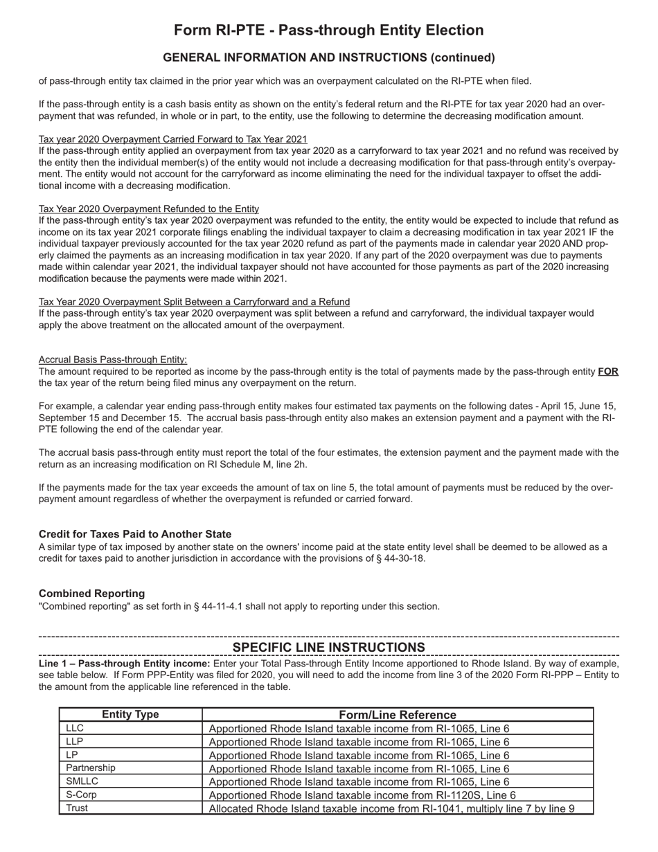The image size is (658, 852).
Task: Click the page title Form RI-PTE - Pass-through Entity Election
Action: pos(328,30)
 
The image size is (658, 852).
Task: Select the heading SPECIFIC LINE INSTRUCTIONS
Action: pos(328,647)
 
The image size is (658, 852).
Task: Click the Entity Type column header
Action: pos(130,715)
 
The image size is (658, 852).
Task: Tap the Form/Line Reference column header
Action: pos(398,715)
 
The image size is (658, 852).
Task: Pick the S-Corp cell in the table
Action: pos(81,795)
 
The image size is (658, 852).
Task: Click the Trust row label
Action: pos(77,808)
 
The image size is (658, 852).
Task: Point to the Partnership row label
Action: pos(91,768)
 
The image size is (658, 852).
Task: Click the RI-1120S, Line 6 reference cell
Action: pos(362,795)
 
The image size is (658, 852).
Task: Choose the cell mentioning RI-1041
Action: pos(391,808)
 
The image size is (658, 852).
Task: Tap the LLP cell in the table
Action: pos(74,741)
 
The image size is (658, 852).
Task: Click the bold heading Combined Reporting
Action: pos(91,594)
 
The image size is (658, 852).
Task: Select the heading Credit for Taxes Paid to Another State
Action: pos(135,534)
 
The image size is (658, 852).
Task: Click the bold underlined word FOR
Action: pos(608,372)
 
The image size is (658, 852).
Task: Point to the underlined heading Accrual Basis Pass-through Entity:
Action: pos(113,360)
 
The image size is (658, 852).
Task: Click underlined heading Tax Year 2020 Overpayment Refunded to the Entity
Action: pos(149,208)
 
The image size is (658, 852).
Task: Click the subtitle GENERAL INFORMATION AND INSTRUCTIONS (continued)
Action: pos(328,57)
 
